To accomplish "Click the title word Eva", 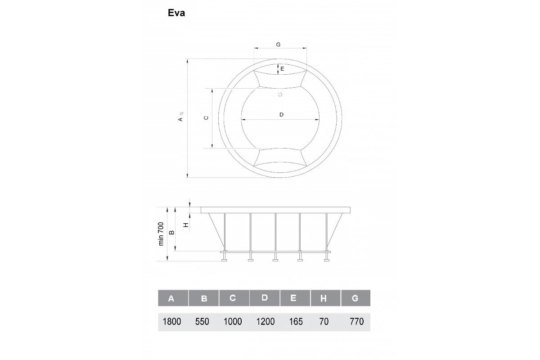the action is point(176,13).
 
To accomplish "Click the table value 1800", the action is point(171,321).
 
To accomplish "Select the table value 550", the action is point(202,321).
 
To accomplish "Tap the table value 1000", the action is point(233,321).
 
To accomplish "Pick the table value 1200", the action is point(265,321).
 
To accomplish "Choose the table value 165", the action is point(296,321).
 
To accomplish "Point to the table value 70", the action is point(324,321).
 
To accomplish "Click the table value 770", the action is point(357,321).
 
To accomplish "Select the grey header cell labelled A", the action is point(173,298).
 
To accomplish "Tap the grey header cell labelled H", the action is point(325,298).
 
